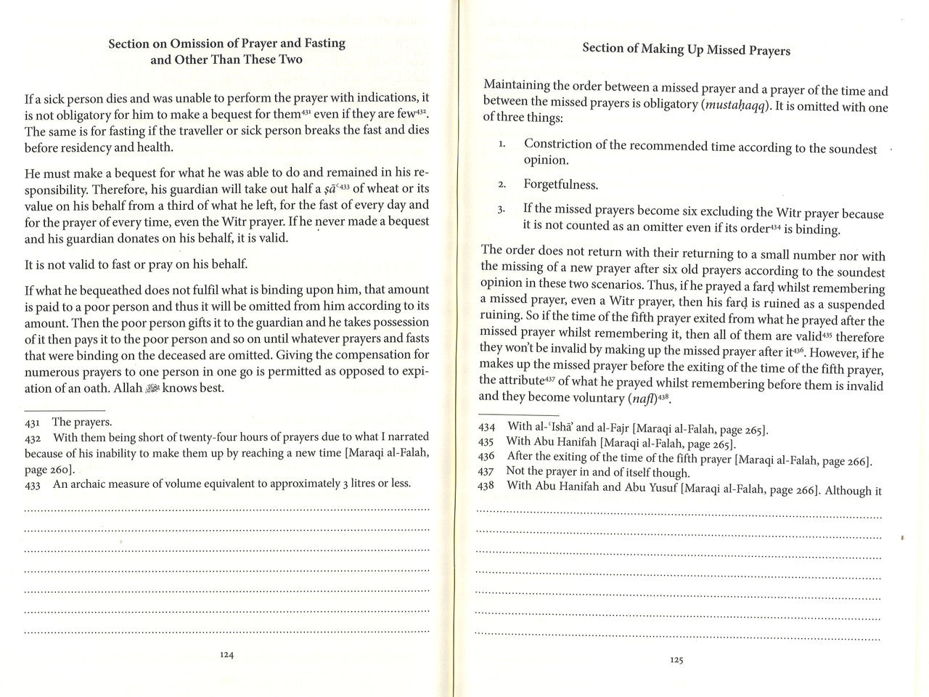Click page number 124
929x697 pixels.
pyautogui.click(x=226, y=654)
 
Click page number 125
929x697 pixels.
pyautogui.click(x=676, y=660)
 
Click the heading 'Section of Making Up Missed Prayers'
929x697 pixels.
pyautogui.click(x=686, y=49)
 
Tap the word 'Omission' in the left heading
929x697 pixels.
pyautogui.click(x=197, y=44)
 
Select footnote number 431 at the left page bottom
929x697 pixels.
pyautogui.click(x=33, y=422)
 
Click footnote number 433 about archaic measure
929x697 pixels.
pyautogui.click(x=33, y=484)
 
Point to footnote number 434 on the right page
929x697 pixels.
pyautogui.click(x=486, y=427)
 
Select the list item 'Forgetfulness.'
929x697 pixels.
pyautogui.click(x=561, y=184)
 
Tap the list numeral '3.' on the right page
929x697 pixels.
pyautogui.click(x=502, y=210)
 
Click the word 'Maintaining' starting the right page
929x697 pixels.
pyautogui.click(x=516, y=85)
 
